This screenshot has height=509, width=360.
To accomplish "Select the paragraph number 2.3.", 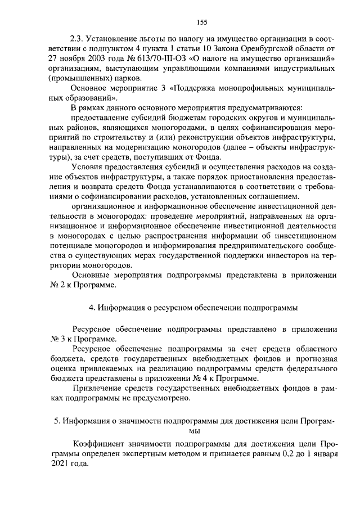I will click(77, 39).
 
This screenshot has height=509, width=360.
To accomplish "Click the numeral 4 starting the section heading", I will click(91, 308).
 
